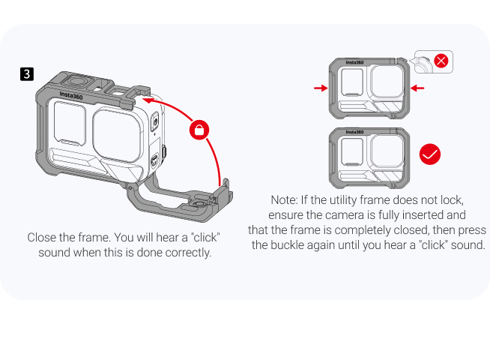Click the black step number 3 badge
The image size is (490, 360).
click(27, 74)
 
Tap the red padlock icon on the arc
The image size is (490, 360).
click(199, 130)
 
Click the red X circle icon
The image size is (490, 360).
click(441, 61)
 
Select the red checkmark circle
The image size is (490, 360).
click(430, 154)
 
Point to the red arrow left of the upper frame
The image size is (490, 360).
click(321, 88)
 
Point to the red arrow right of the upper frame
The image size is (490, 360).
click(417, 88)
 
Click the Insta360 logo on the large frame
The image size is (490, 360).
click(71, 95)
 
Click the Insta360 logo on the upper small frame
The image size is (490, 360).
click(354, 62)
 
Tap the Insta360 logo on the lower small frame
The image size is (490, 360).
click(354, 132)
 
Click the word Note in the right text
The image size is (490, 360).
click(284, 200)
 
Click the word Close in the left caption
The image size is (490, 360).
click(40, 238)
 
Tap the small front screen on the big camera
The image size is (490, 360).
click(70, 123)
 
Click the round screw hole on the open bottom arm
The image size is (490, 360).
click(199, 205)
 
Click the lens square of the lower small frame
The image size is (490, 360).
click(387, 151)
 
